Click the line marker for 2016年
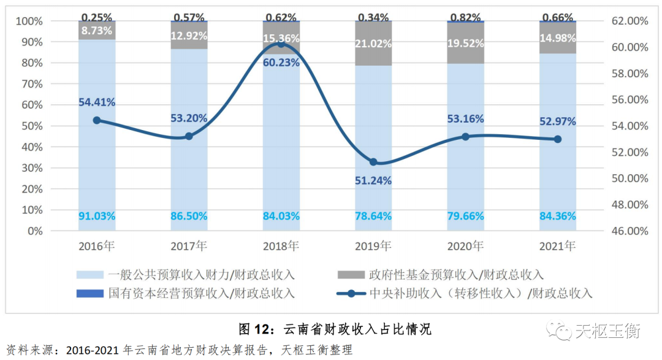(97, 120)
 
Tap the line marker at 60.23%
(281, 44)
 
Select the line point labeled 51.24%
(373, 162)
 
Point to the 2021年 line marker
(558, 139)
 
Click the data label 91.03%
(97, 216)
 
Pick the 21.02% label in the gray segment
(373, 44)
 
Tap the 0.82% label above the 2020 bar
(465, 17)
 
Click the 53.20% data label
(189, 118)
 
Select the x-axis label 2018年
(281, 247)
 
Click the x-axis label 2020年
(465, 247)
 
